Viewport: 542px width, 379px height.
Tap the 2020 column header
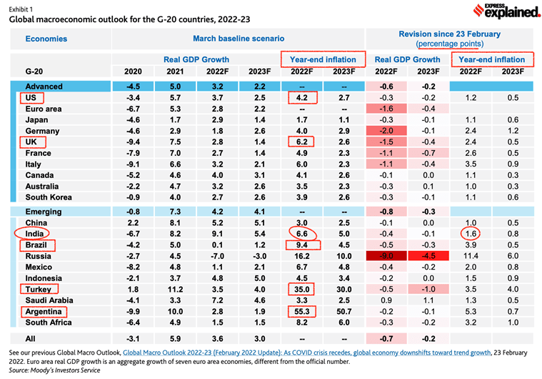coord(133,72)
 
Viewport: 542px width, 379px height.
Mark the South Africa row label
coord(51,323)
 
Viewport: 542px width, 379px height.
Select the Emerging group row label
coord(44,212)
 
